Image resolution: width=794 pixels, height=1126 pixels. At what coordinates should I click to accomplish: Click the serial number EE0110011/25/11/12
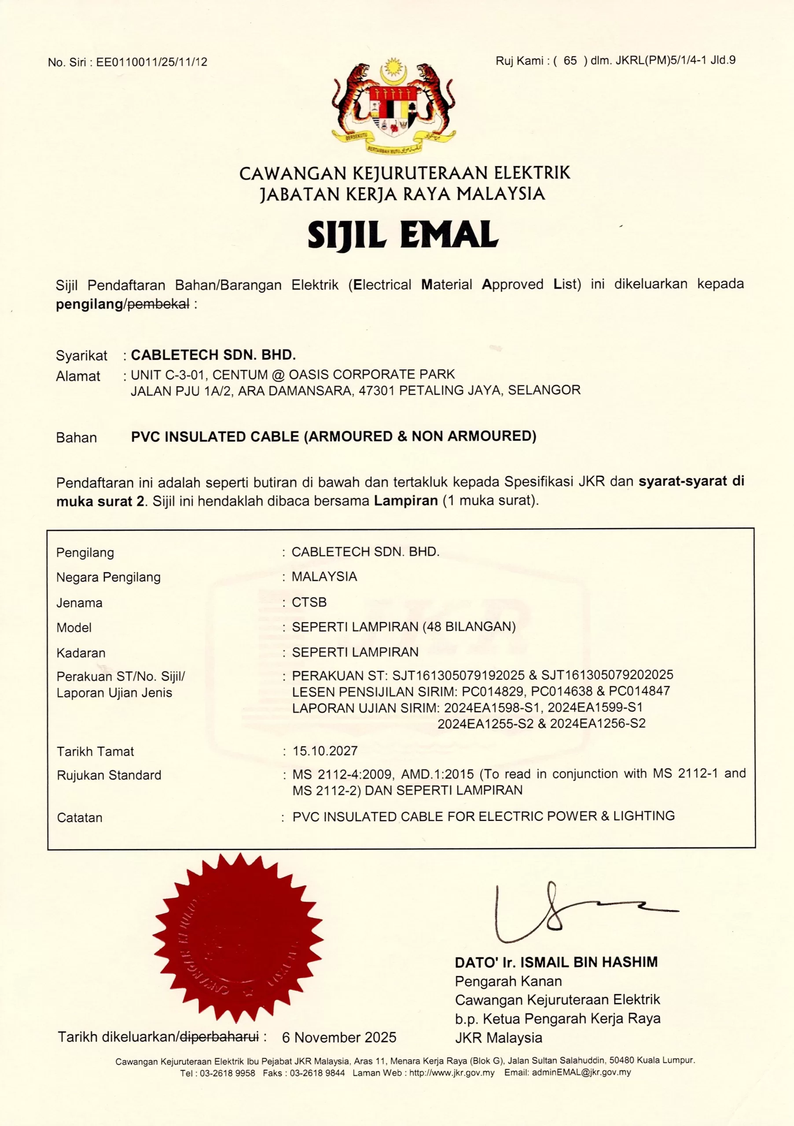[152, 62]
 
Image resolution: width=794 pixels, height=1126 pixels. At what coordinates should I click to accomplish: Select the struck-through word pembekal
[158, 304]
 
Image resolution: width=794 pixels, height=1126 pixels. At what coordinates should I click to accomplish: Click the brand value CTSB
[309, 602]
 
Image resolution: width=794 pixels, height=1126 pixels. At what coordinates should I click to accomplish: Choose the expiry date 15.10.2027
[325, 751]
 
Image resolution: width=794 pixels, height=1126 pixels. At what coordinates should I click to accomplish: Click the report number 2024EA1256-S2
[598, 724]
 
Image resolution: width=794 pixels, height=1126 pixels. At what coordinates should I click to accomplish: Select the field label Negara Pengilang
[108, 577]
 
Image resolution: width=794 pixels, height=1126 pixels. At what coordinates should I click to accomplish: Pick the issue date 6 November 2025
[339, 1037]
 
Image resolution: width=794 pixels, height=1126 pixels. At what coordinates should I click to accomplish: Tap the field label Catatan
[80, 818]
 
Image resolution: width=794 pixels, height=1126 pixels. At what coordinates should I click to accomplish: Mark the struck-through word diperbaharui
[219, 1037]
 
